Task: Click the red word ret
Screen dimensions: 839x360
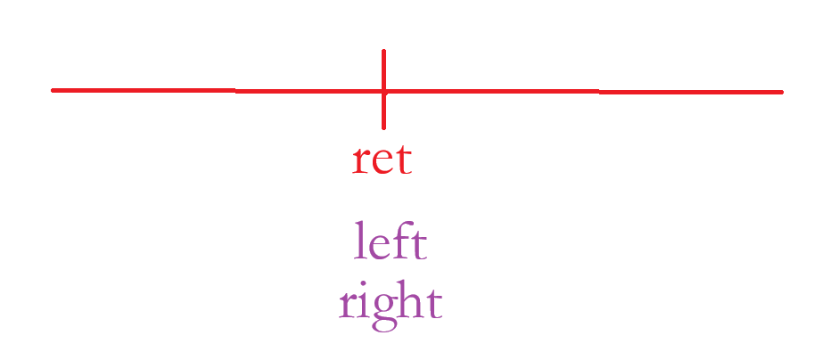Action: click(382, 160)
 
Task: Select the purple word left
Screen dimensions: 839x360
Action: click(391, 241)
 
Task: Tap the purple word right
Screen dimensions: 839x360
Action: click(391, 305)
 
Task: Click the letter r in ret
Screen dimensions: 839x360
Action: click(360, 163)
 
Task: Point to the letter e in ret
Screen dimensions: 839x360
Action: click(381, 163)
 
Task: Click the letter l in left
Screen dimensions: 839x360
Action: click(360, 241)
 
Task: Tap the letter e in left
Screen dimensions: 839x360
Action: click(378, 247)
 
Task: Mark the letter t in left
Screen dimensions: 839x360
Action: click(417, 245)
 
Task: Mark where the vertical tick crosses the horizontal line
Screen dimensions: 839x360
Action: click(383, 91)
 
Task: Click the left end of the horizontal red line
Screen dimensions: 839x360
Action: click(53, 90)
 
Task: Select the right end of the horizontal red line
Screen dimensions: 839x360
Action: click(781, 92)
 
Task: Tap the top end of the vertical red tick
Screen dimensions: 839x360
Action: click(383, 52)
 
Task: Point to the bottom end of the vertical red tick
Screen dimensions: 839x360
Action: click(383, 127)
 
